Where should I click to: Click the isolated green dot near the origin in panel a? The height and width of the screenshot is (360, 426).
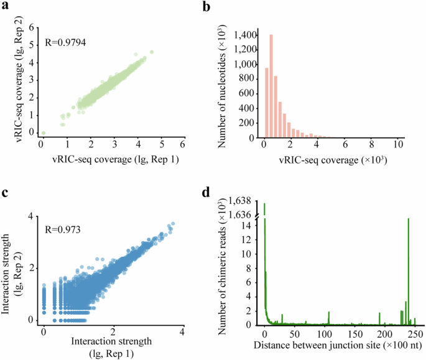(x=43, y=133)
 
